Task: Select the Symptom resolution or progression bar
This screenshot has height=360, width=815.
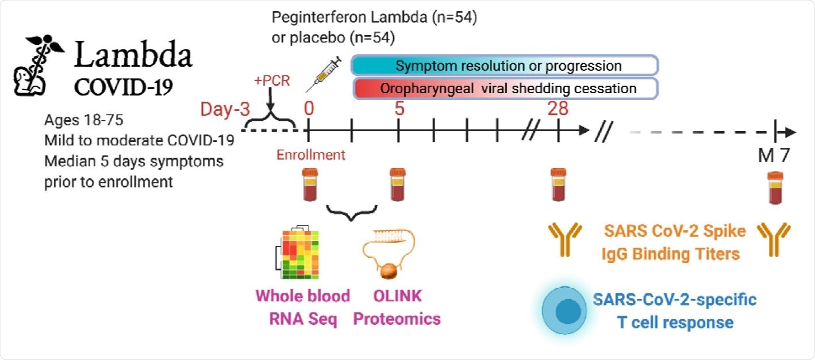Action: [505, 66]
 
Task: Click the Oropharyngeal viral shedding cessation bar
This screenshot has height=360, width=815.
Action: [505, 89]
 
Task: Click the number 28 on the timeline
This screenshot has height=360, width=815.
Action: [557, 108]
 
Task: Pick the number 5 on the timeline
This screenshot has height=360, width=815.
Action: [399, 108]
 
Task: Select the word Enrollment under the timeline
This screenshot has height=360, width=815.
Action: [311, 155]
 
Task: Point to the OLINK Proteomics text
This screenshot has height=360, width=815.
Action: [397, 307]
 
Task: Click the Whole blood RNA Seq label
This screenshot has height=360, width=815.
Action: [302, 307]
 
